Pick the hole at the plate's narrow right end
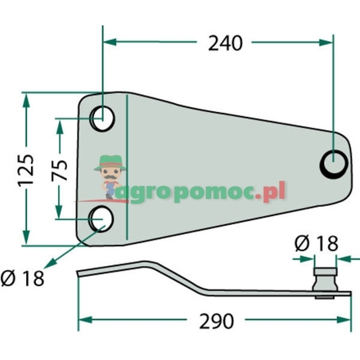[333, 163]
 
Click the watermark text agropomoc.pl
[205, 193]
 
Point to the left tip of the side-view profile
[78, 274]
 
